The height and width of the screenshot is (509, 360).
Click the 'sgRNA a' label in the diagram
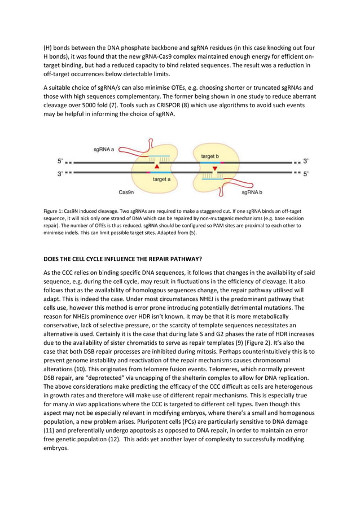coord(104,150)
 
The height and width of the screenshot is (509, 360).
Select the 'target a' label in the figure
coord(165,179)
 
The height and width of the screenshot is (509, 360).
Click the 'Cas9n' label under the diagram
coord(126,192)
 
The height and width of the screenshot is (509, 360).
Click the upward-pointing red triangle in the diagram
coord(157,167)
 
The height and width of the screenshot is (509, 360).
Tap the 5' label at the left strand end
coord(60,161)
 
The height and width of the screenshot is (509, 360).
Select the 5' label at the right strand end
coord(306,174)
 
